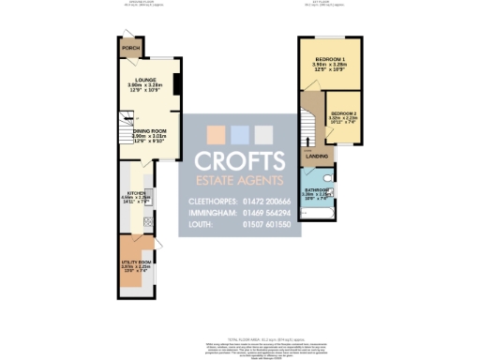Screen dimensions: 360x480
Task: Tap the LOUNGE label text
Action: (x=144, y=80)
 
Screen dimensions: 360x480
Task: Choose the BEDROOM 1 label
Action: (x=330, y=59)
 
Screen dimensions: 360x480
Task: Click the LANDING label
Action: (x=317, y=156)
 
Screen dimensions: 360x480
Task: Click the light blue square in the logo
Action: (x=240, y=133)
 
